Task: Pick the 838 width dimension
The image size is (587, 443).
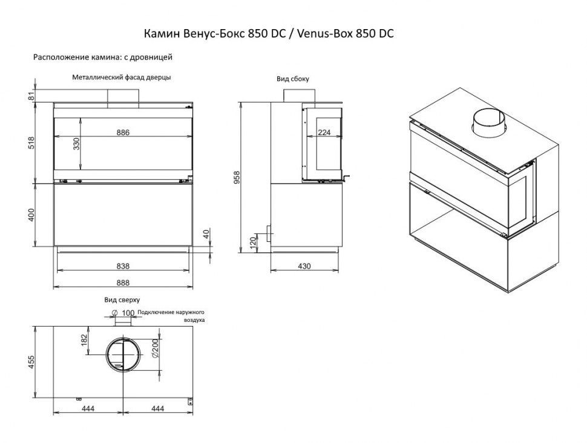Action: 123,266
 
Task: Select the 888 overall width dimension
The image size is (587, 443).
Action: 123,282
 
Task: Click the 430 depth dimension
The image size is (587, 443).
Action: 304,266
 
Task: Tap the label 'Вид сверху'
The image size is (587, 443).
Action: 122,299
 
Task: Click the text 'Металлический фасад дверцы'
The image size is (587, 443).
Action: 121,78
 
